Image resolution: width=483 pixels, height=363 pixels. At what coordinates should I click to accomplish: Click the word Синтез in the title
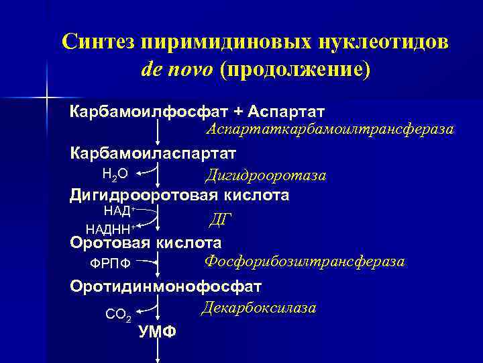tap(99, 42)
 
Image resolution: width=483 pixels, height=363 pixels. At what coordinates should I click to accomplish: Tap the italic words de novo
tap(178, 71)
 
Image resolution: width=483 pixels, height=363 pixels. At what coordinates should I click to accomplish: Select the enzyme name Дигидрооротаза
tap(266, 175)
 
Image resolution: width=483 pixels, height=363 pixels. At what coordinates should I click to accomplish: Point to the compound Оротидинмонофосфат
tap(166, 286)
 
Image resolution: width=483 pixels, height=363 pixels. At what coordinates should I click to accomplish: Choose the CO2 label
tap(118, 313)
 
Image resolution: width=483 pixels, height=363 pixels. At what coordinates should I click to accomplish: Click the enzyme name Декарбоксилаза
tap(258, 307)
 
